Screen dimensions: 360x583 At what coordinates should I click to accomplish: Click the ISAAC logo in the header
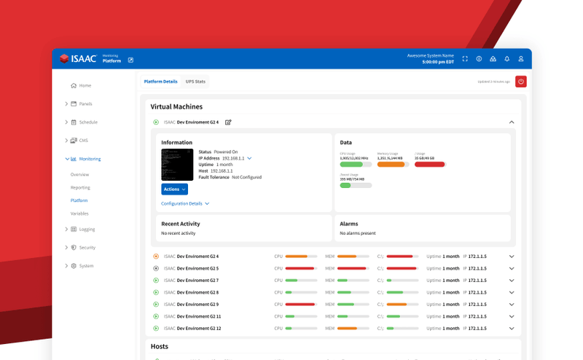click(78, 59)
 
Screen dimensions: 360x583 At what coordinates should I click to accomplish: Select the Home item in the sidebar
click(85, 86)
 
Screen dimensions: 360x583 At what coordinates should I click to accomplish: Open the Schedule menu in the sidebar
click(88, 122)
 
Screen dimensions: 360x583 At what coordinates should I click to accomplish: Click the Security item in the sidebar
click(87, 248)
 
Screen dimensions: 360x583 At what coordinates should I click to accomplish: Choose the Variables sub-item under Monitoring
click(79, 214)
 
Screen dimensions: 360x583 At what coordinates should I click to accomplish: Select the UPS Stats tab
click(195, 82)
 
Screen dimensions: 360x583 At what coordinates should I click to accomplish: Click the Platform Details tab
click(160, 82)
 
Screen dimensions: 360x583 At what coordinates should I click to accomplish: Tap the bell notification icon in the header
click(506, 59)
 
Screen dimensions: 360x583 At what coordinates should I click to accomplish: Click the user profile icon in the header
click(521, 59)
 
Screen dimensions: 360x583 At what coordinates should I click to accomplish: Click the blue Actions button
click(174, 189)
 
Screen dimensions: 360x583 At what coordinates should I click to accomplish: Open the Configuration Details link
click(185, 204)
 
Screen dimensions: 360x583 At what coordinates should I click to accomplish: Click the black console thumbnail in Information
click(177, 165)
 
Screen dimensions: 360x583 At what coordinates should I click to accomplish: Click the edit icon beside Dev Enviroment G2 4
click(228, 122)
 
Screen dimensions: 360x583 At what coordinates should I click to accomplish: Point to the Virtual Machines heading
click(176, 106)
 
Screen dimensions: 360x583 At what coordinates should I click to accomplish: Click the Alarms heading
click(349, 224)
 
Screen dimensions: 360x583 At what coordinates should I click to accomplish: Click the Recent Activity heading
click(180, 224)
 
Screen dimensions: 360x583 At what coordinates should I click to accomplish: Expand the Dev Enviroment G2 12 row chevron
click(512, 329)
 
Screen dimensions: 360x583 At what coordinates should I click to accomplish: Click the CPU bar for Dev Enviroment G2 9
click(300, 304)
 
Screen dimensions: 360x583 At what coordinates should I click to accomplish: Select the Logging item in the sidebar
click(87, 230)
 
